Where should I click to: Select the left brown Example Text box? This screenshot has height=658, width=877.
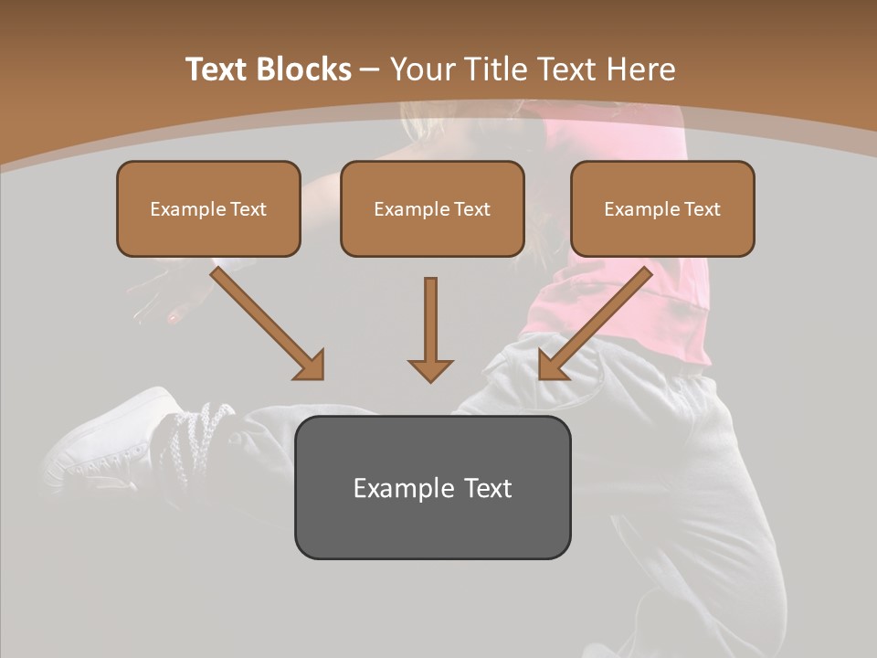[x=208, y=208]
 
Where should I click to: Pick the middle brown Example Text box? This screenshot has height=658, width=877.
[x=432, y=208]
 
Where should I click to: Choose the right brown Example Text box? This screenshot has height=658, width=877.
[x=662, y=208]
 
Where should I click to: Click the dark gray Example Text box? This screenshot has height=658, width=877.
[x=432, y=487]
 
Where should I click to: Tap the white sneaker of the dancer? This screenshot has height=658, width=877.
[x=100, y=439]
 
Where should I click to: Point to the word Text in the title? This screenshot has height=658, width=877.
[x=219, y=69]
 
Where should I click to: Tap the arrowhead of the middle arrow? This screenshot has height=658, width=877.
[x=430, y=369]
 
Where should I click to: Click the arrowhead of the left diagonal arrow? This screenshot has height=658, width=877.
[x=311, y=366]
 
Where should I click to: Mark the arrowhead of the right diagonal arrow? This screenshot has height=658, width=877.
[x=552, y=366]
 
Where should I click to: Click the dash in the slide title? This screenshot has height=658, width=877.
[x=370, y=69]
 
